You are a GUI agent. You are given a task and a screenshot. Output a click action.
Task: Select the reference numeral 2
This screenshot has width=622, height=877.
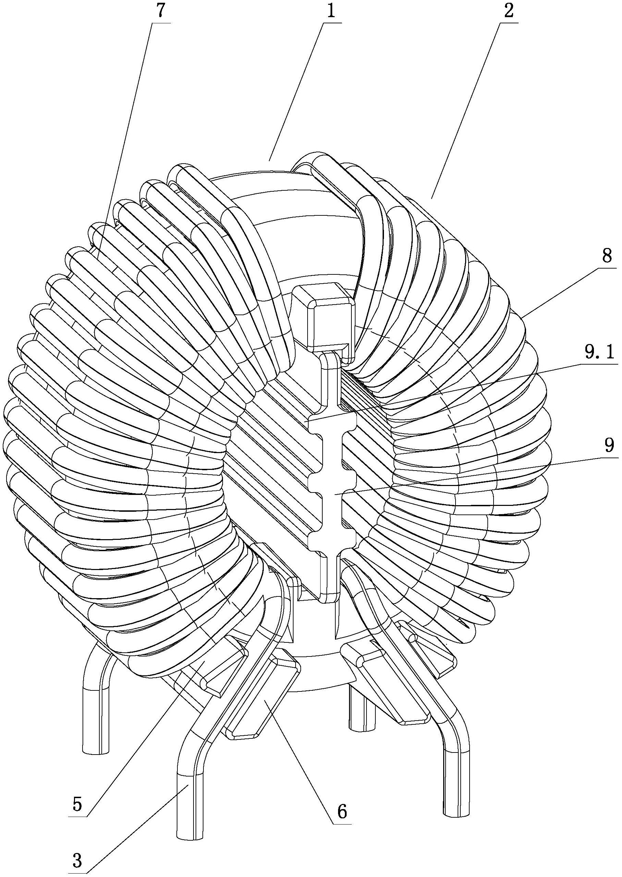(x=508, y=12)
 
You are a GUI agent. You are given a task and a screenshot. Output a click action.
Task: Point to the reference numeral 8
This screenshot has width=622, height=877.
(x=607, y=256)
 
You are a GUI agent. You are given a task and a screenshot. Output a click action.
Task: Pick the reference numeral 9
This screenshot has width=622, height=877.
(x=609, y=445)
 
